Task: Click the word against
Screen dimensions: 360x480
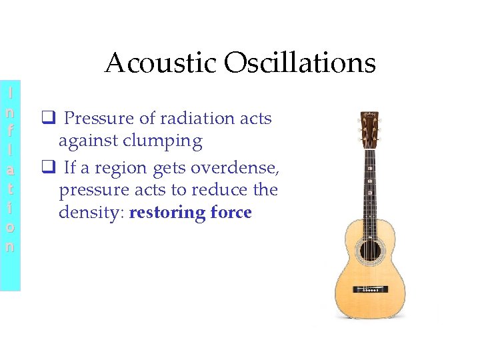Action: pos(87,141)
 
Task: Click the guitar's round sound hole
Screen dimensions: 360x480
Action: pos(367,251)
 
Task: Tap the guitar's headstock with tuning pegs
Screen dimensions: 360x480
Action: pos(368,129)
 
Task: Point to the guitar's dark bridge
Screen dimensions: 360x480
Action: pos(367,289)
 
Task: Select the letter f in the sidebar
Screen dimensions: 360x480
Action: pos(10,126)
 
